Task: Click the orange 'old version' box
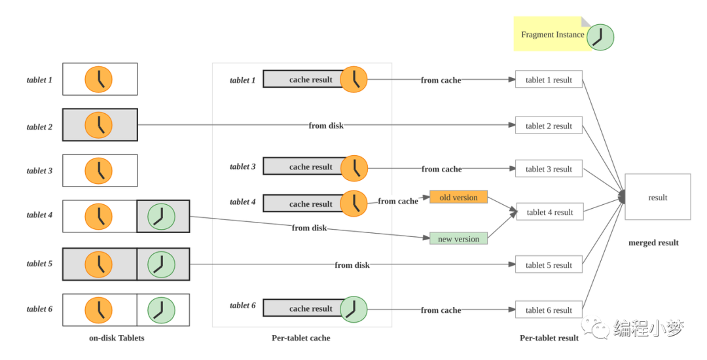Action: [458, 197]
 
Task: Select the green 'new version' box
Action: [458, 238]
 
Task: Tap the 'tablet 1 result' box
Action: [549, 79]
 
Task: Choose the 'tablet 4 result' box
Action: [550, 212]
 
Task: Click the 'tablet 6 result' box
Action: [549, 310]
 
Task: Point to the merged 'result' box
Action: [657, 197]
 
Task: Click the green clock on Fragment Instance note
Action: [600, 37]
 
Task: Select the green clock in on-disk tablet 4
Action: [162, 217]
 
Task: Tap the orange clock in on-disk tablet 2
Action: [98, 125]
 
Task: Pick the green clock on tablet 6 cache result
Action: [353, 309]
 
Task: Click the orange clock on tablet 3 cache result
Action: [354, 168]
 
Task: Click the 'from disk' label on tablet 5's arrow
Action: [352, 265]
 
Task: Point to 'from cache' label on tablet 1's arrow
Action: [441, 81]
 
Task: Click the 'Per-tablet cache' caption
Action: [300, 338]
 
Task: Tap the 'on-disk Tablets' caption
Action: [117, 338]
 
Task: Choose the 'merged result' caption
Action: [653, 242]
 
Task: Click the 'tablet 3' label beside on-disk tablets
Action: [39, 171]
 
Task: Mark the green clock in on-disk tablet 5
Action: [162, 264]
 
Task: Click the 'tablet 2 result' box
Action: [549, 126]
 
